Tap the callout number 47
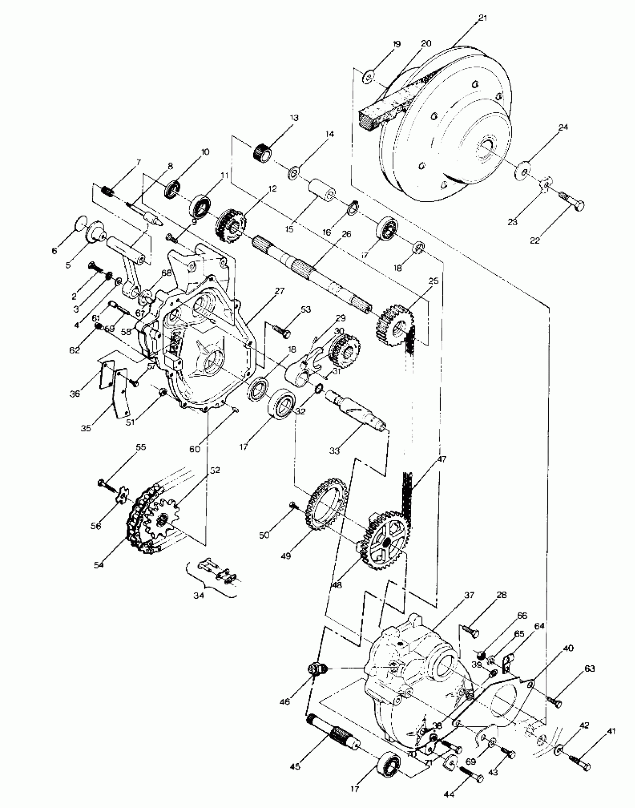442,459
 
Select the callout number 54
99,565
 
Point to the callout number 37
469,595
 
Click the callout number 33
334,451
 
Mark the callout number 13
294,118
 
